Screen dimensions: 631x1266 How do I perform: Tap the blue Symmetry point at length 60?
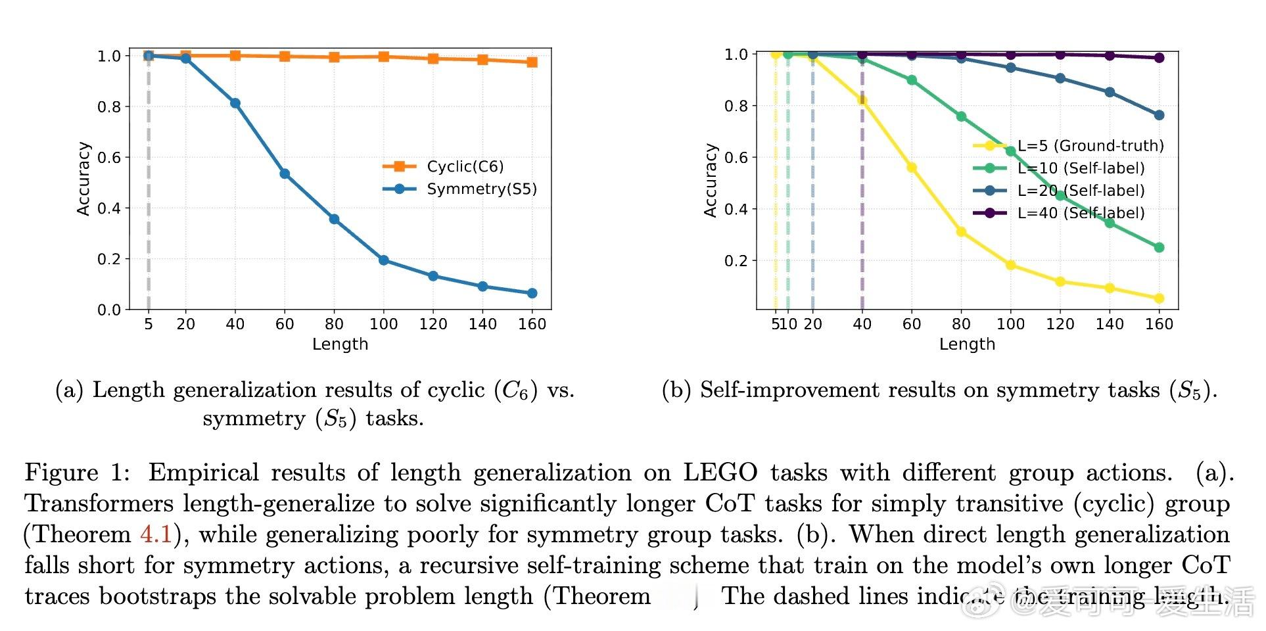285,174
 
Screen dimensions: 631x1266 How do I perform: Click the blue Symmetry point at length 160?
532,293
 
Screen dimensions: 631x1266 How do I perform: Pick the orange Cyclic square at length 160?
532,62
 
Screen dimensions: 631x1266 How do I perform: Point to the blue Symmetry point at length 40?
235,103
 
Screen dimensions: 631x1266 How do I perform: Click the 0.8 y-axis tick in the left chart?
109,106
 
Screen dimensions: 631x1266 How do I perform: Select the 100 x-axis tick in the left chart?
383,324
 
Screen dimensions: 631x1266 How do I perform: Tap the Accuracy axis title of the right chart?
711,180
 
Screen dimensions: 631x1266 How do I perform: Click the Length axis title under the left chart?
340,344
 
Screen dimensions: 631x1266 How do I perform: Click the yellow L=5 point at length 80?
961,232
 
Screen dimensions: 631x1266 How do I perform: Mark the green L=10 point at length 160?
1159,248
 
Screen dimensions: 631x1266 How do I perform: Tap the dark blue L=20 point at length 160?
1159,115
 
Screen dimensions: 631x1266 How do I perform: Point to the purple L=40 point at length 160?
1159,58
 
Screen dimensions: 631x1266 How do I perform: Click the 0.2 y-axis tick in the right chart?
736,261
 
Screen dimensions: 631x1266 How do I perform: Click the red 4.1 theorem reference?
156,534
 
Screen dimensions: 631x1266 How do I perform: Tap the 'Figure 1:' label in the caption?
78,473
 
